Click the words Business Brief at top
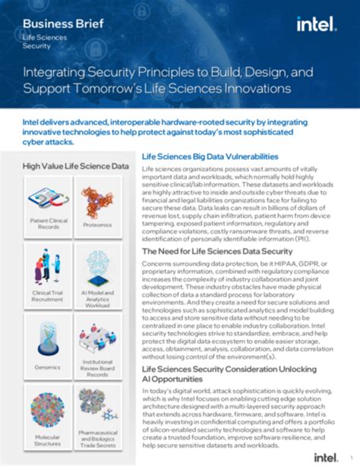[x=56, y=24]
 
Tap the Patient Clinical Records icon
[x=48, y=199]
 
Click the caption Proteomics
[x=98, y=225]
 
